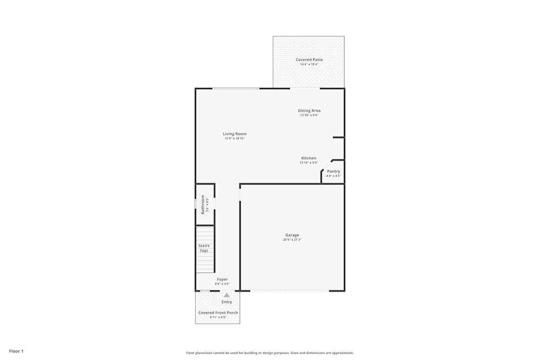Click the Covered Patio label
[308, 59]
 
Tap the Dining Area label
[309, 111]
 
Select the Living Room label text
[234, 134]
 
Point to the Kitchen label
[308, 158]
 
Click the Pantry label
[333, 171]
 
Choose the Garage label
[292, 235]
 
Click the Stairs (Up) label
[204, 248]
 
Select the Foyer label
[222, 279]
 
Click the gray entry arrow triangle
[227, 295]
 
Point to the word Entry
[227, 302]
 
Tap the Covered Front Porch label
[218, 313]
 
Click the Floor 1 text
[16, 351]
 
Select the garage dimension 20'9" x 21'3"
[292, 240]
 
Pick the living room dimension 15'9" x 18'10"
[235, 139]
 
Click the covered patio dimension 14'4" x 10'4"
[309, 64]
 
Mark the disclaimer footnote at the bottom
[270, 352]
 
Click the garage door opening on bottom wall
[289, 291]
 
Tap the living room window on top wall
[235, 89]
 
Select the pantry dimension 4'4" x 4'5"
[333, 176]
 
